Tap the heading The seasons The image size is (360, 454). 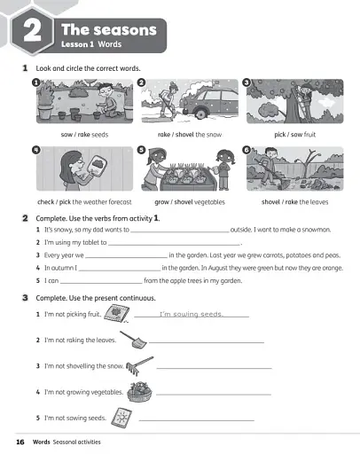[x=111, y=29]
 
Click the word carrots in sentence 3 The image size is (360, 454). [x=270, y=254]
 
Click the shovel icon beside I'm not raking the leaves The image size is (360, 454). [x=135, y=339]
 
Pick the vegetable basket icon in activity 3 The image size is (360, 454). [x=138, y=391]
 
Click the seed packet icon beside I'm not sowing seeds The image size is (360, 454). [x=123, y=417]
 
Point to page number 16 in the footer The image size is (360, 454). [x=20, y=441]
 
